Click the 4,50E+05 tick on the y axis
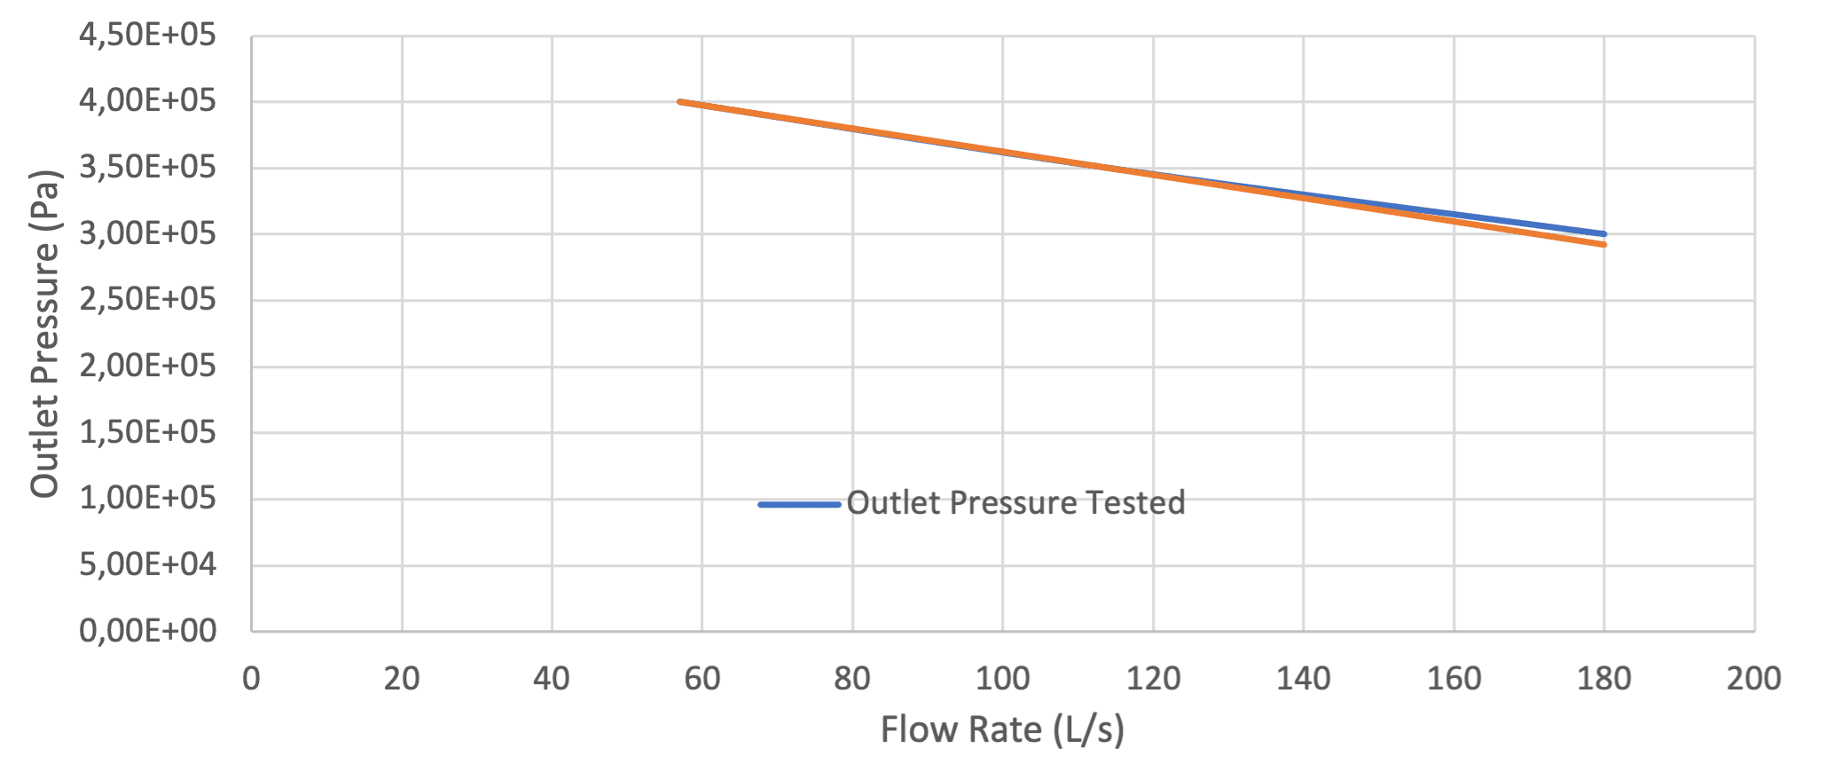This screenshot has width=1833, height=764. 148,37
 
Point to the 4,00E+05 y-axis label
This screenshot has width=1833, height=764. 148,104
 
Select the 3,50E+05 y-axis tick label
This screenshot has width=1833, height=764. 148,169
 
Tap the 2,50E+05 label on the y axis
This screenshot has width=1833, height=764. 148,302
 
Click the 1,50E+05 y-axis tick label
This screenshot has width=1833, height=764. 148,434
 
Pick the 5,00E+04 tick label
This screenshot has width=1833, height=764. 148,566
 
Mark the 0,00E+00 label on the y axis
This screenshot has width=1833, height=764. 148,633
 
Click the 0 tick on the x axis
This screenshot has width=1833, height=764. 252,681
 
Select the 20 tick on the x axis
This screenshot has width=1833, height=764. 402,681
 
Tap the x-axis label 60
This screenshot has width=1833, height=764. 702,681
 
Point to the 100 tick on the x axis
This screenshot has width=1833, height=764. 1003,681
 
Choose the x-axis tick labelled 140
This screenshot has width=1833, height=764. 1304,681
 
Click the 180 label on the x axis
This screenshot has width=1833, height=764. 1604,681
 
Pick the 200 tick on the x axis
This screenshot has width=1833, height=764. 1754,681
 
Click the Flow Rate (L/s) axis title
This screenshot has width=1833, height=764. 1003,731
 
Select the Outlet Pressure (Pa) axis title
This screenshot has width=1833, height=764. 46,335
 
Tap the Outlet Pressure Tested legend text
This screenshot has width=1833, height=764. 1016,504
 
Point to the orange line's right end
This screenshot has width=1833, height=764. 1603,245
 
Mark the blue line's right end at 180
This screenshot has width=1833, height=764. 1603,234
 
